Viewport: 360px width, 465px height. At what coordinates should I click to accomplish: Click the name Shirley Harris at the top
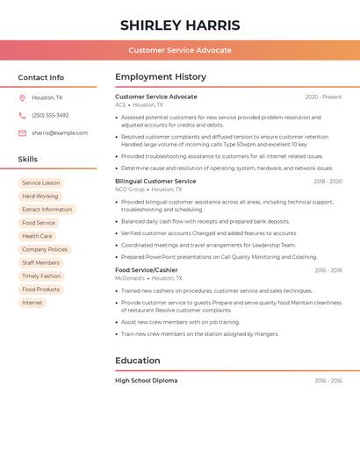click(x=180, y=25)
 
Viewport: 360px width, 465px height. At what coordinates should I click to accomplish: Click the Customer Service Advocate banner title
click(x=180, y=50)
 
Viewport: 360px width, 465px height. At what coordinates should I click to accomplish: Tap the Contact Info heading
click(x=40, y=77)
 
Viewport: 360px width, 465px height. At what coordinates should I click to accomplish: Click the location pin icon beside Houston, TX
click(x=22, y=97)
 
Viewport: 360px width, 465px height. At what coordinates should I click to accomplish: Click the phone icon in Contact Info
click(x=22, y=115)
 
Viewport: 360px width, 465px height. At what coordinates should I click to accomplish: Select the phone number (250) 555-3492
click(x=50, y=115)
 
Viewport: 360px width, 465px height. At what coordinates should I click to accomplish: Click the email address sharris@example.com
click(x=60, y=132)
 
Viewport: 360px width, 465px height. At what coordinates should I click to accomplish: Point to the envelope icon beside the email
click(x=22, y=132)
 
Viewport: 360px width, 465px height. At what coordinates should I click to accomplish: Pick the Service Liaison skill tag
click(x=41, y=182)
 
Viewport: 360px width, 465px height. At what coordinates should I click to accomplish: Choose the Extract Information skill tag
click(x=47, y=210)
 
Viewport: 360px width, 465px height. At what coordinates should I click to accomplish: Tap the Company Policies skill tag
click(x=45, y=249)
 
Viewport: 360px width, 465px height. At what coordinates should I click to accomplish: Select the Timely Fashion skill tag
click(x=41, y=275)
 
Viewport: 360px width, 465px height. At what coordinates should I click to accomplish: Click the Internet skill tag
click(x=32, y=303)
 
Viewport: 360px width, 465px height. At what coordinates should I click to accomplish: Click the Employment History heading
click(x=161, y=77)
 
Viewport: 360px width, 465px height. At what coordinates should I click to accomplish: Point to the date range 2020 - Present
click(x=323, y=97)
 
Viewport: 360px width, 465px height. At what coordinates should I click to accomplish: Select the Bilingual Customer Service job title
click(x=155, y=181)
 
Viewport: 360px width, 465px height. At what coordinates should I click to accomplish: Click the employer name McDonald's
click(x=129, y=278)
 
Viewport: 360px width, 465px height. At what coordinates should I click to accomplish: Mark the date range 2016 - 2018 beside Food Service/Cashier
click(x=328, y=270)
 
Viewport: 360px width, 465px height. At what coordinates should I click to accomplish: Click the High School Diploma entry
click(x=146, y=381)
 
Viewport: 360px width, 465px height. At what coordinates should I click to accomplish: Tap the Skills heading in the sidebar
click(x=28, y=159)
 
